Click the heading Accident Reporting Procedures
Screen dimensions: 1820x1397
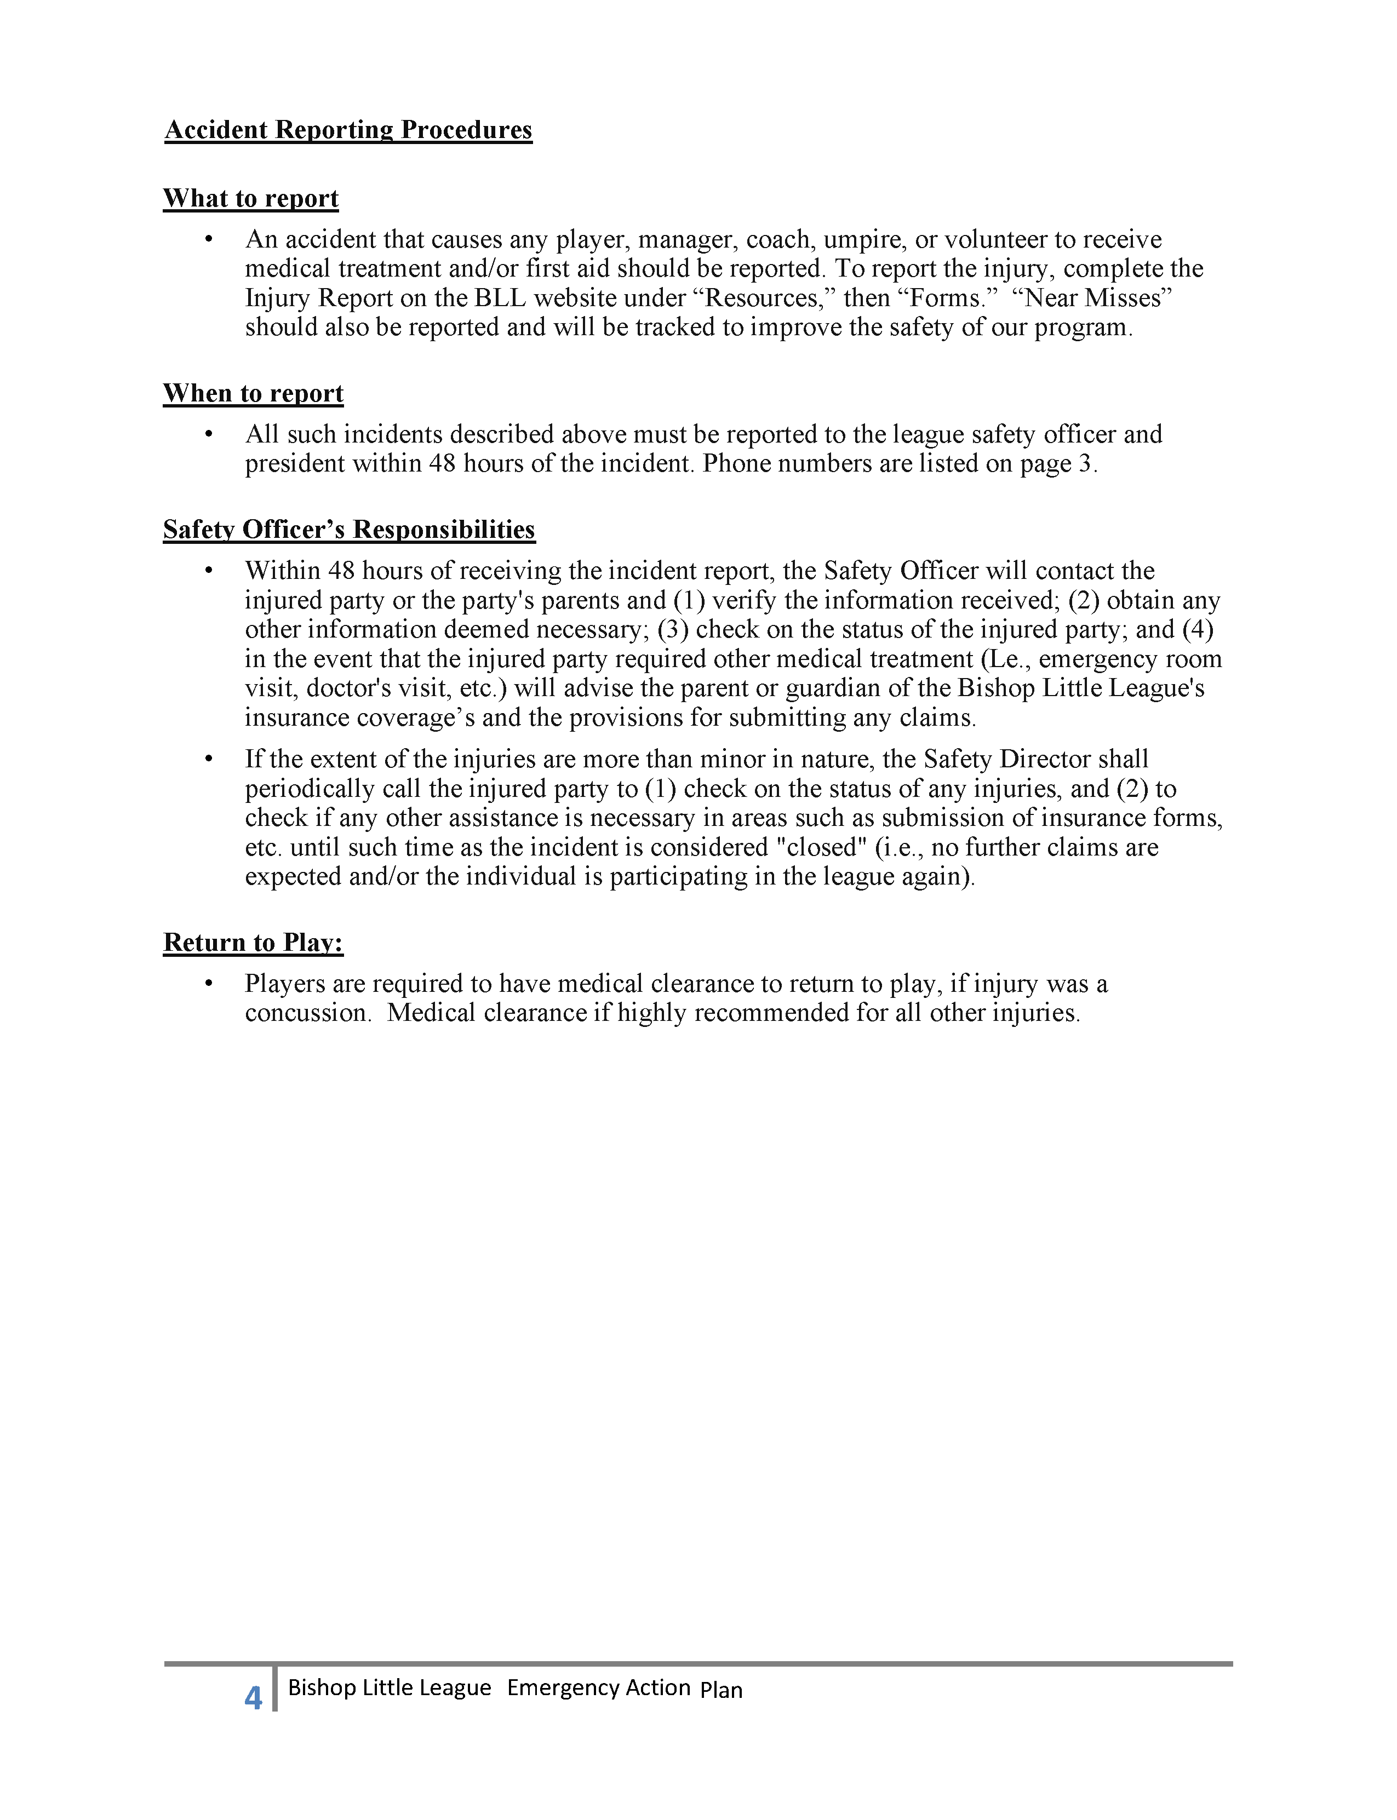pos(348,130)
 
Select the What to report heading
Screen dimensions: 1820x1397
pos(250,199)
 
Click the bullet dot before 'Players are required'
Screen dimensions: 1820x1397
pos(209,984)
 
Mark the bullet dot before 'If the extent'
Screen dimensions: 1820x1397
pos(209,759)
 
